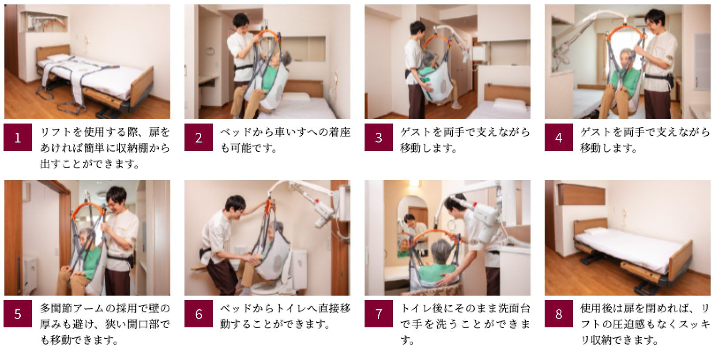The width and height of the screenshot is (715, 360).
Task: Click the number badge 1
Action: [x=18, y=137]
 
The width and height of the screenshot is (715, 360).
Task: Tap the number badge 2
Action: [x=198, y=137]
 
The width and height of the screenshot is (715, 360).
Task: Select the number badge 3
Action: [x=379, y=137]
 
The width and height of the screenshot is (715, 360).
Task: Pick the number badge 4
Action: [x=559, y=137]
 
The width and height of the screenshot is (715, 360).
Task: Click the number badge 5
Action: [x=18, y=314]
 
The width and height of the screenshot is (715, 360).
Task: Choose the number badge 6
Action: [x=198, y=314]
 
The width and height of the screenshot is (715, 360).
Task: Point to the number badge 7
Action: [x=379, y=314]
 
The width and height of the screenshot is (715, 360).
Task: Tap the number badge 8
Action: [x=559, y=314]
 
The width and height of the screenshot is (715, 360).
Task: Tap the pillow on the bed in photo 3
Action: [x=509, y=104]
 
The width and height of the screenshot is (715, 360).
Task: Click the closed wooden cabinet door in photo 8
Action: [x=581, y=194]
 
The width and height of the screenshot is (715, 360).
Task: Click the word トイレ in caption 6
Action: [x=290, y=308]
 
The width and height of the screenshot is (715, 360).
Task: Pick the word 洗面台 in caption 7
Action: [x=514, y=308]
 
